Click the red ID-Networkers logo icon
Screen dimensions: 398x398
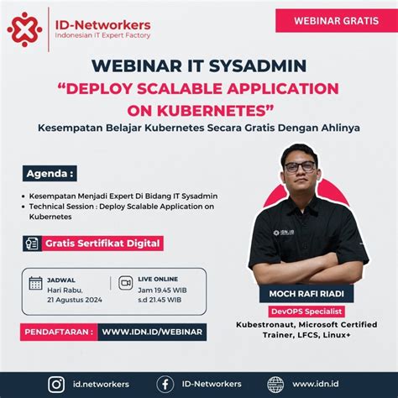[x=24, y=29]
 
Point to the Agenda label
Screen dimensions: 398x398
[x=50, y=174]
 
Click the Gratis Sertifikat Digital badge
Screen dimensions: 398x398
[x=100, y=244]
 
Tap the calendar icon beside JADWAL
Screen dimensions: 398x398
[x=35, y=283]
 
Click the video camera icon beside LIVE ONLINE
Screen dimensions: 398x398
[x=126, y=282]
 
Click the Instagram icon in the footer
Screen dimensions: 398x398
[x=56, y=384]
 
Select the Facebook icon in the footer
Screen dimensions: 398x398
[x=166, y=384]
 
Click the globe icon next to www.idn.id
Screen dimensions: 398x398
[x=275, y=384]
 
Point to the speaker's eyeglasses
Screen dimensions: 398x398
[x=300, y=167]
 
